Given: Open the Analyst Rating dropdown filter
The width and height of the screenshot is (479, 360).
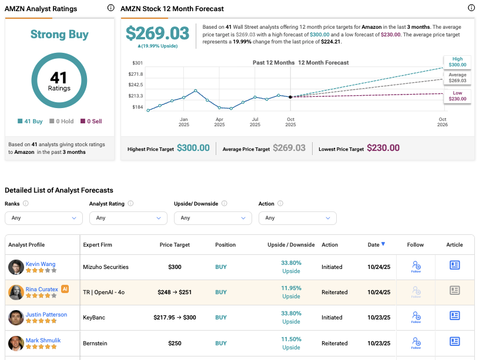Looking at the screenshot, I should [128, 218].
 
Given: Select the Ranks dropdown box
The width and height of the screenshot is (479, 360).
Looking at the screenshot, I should [43, 218].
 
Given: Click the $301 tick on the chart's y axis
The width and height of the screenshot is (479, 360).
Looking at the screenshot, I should [138, 63].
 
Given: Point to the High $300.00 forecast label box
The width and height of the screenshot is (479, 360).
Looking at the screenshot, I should [457, 62].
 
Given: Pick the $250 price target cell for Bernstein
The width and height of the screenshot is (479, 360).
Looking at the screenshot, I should [175, 343].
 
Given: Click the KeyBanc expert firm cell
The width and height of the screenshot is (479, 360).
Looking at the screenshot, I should [95, 318].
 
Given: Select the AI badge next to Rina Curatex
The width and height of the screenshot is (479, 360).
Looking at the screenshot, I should [65, 290].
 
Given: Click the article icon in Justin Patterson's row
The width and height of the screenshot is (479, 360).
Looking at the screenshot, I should [454, 316].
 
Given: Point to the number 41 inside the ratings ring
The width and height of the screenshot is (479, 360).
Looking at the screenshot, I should [59, 78].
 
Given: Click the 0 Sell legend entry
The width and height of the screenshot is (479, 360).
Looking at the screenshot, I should [91, 122].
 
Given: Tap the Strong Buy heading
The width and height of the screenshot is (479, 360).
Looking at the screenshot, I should [59, 35].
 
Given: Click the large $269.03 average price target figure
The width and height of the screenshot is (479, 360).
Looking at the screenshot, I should [158, 33].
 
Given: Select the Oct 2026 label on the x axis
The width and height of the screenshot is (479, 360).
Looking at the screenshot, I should [443, 122].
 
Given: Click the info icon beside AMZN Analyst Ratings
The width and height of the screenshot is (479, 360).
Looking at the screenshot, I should [111, 8].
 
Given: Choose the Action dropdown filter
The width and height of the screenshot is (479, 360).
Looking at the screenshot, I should [297, 218].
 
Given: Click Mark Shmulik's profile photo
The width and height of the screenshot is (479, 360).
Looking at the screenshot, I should [16, 343].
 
